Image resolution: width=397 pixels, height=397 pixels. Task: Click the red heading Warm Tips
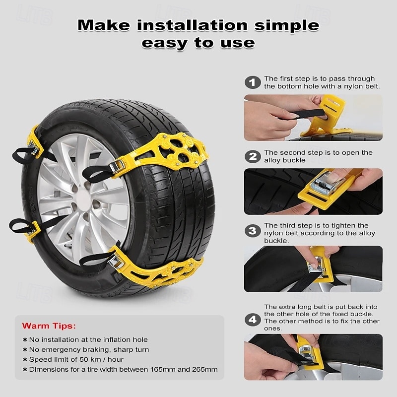pos(49,326)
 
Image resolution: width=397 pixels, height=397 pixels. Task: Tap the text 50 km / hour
pos(95,359)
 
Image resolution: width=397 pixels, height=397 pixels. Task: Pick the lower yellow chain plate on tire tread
pos(159,268)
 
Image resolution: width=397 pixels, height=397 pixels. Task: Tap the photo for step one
pos(313,118)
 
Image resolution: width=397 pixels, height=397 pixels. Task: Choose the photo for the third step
pos(313,269)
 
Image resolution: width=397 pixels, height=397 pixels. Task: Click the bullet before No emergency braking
pos(25,350)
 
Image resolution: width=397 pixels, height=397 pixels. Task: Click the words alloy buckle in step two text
pos(285,160)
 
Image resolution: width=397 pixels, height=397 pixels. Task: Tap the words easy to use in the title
pos(198,43)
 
